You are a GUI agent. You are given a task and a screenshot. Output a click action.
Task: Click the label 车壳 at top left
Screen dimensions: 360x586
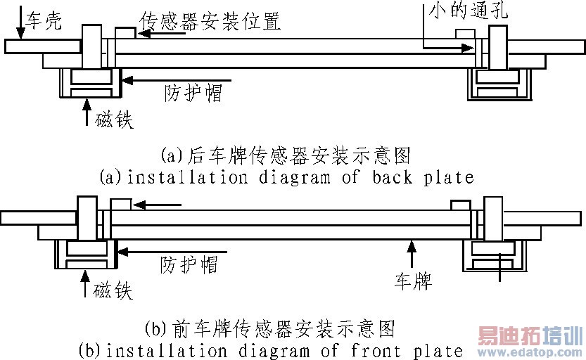point(44,22)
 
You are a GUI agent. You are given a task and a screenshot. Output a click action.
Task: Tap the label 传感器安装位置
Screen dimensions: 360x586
point(210,21)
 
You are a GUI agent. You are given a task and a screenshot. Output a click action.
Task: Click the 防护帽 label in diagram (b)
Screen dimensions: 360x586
point(189,264)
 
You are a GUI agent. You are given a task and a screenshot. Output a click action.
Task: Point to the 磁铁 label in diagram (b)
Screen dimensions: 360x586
point(112,290)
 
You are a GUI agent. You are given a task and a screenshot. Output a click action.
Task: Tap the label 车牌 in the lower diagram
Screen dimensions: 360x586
point(412,283)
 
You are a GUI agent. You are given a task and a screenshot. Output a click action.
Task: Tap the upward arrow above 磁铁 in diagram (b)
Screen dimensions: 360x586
point(86,283)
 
